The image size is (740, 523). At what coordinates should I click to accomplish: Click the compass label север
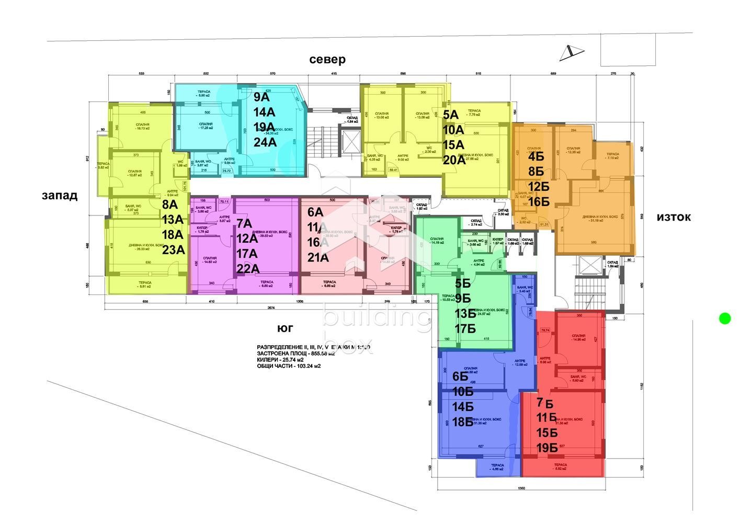tap(327, 60)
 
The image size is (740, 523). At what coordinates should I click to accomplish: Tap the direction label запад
tap(60, 196)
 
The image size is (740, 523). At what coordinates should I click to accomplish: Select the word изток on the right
tap(674, 217)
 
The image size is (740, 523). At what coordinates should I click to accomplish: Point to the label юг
tap(285, 328)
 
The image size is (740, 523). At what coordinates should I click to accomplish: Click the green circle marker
tap(725, 318)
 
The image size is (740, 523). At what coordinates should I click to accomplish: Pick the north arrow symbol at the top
tap(571, 51)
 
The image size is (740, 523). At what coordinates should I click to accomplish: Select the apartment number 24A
tap(265, 142)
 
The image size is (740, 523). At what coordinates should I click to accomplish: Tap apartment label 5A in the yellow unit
tap(450, 115)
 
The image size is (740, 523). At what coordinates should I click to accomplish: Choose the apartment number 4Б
tap(536, 156)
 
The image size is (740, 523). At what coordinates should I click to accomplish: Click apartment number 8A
tap(169, 204)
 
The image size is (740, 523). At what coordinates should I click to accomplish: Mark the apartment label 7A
tap(244, 224)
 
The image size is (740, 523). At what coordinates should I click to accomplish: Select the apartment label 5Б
tap(463, 284)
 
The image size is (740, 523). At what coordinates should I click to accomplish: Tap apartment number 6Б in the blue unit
tap(460, 377)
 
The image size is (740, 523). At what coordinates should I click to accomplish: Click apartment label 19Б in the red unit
tap(548, 448)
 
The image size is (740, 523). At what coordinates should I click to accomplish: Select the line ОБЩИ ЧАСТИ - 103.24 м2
tap(289, 366)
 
